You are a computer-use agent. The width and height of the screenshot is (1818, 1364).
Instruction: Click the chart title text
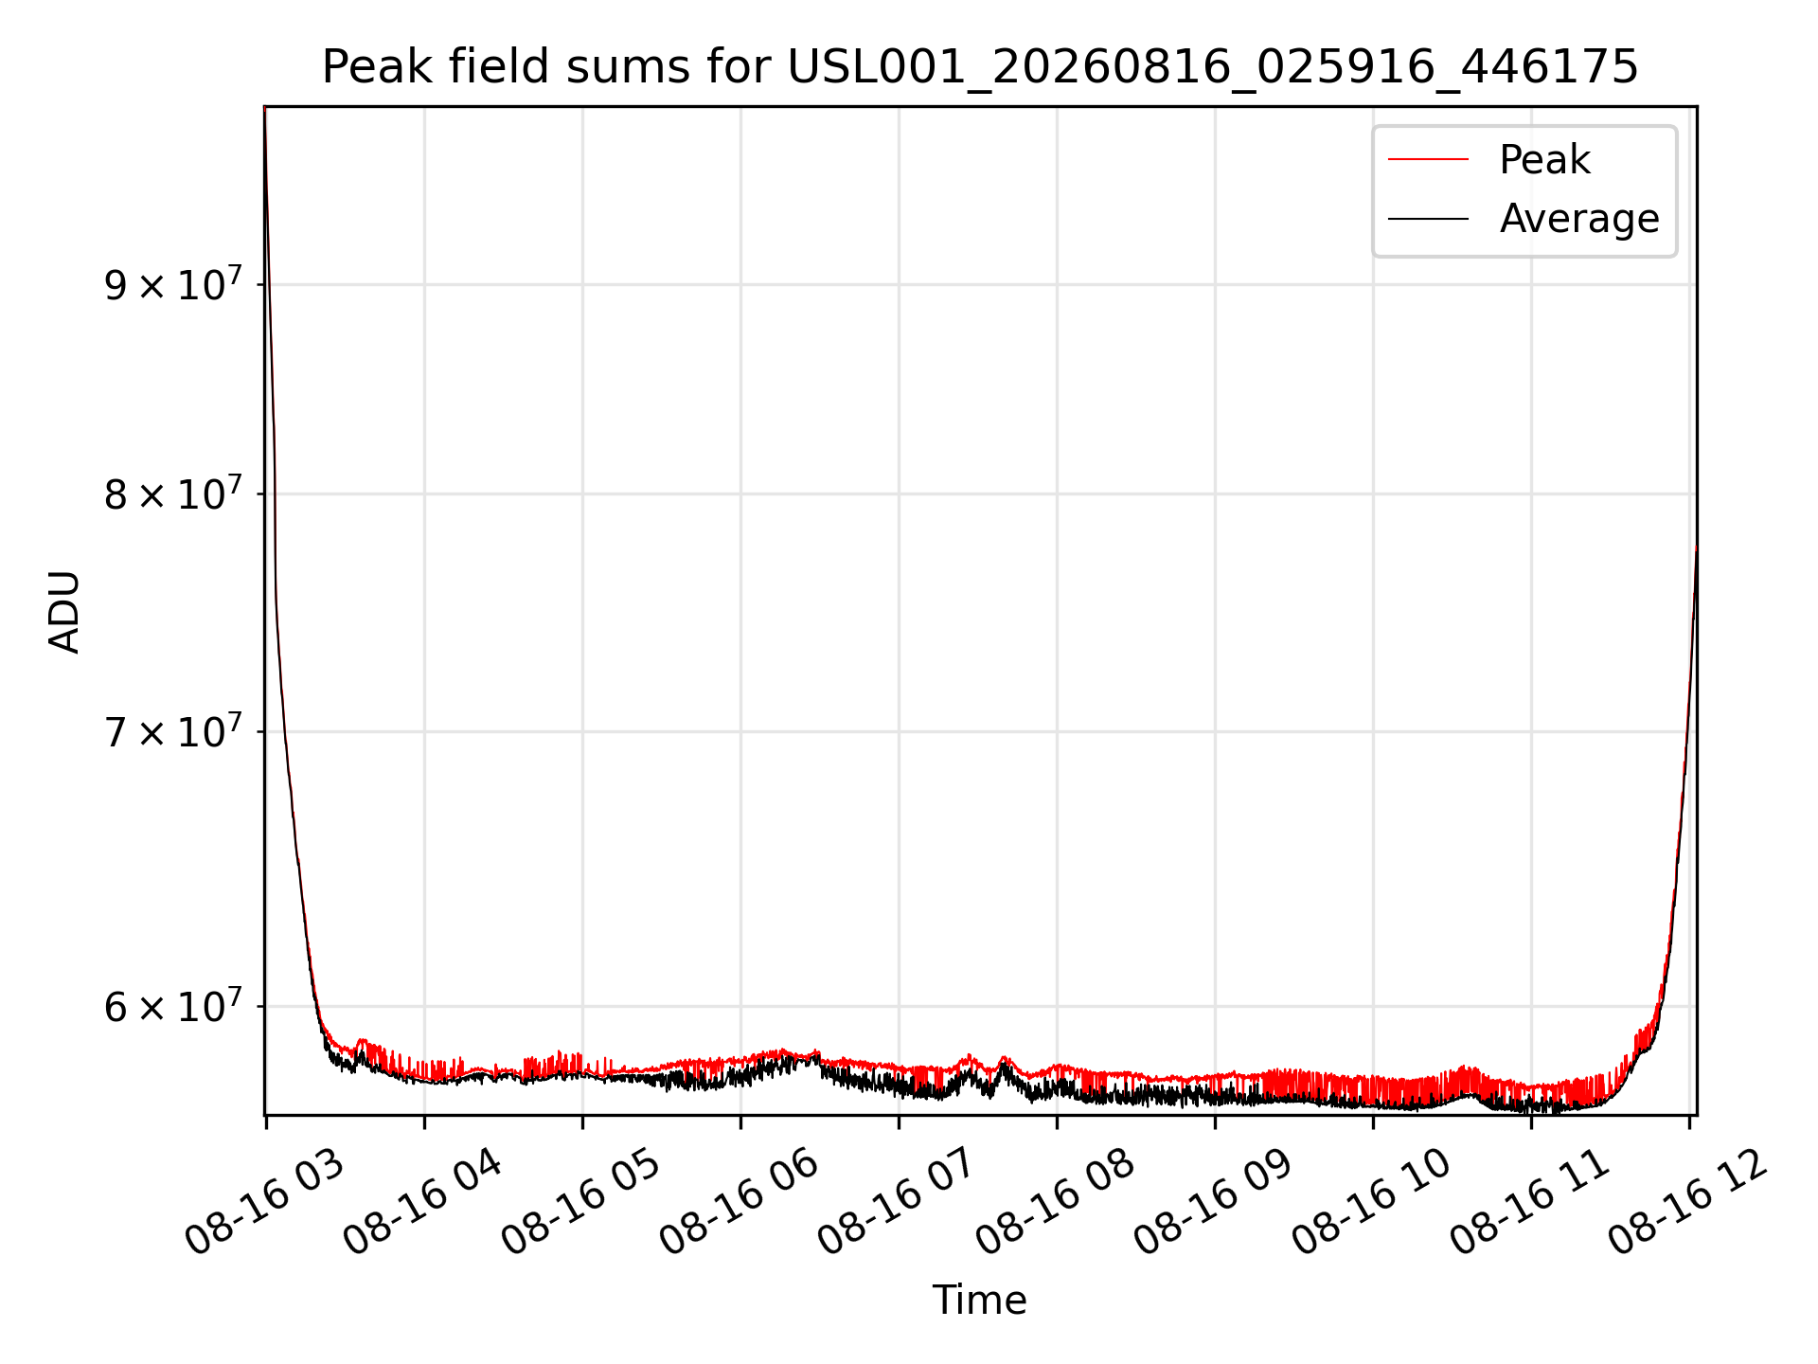tap(980, 67)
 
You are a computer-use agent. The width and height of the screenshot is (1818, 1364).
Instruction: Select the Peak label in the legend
tap(1544, 159)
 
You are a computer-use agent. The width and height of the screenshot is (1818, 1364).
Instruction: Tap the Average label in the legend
tap(1579, 219)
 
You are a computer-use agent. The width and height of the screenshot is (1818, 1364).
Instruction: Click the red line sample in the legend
tap(1428, 159)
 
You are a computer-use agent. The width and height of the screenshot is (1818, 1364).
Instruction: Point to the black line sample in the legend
tap(1428, 219)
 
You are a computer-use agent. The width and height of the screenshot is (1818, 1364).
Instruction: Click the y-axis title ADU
tap(64, 611)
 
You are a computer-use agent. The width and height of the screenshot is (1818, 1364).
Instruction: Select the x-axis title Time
tap(980, 1301)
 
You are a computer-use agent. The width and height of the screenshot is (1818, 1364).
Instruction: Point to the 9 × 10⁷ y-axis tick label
tap(173, 283)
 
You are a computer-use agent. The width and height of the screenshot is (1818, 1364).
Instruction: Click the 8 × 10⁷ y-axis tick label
tap(173, 493)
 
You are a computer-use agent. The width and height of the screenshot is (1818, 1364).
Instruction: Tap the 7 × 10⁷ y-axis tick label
tap(173, 730)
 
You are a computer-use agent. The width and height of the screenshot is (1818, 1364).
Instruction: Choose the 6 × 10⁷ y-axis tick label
tap(173, 1005)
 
